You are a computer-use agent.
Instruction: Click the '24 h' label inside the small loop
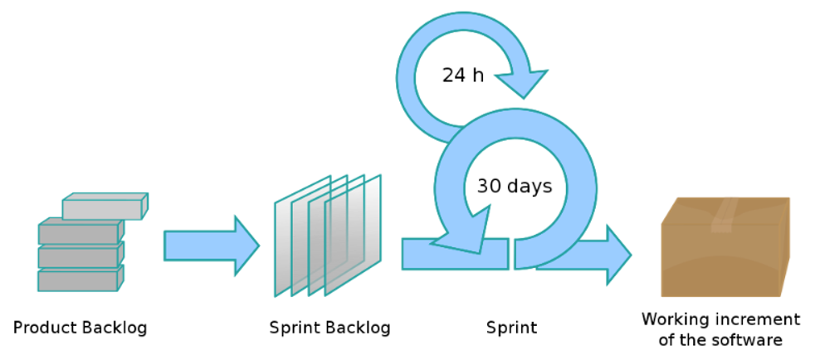[x=463, y=75]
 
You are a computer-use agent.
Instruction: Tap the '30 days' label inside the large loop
[x=515, y=186]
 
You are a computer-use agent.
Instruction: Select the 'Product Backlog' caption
[x=80, y=328]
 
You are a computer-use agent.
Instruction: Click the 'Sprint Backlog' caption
[x=329, y=328]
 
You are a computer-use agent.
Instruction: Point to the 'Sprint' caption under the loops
[x=511, y=328]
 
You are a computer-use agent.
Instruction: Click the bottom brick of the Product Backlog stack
[x=80, y=280]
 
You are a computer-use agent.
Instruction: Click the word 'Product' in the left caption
[x=46, y=328]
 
